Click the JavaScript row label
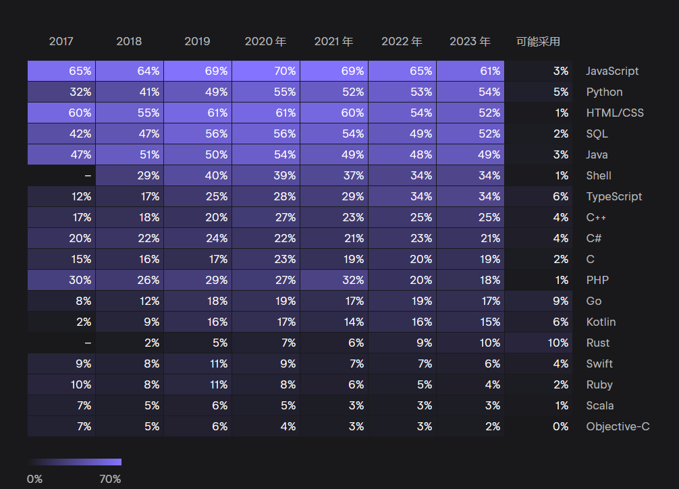click(612, 71)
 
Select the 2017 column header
click(61, 42)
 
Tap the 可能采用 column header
click(538, 42)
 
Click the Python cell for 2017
click(61, 92)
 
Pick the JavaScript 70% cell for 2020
click(266, 71)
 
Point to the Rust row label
click(598, 343)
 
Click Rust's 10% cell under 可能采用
click(538, 343)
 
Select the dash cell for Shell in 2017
click(61, 175)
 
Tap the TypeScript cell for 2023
click(470, 196)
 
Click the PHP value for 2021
click(334, 280)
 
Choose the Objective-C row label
click(618, 426)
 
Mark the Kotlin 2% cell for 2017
click(61, 322)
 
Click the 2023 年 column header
click(470, 42)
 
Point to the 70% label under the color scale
click(110, 479)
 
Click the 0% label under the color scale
click(34, 479)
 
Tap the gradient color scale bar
click(74, 462)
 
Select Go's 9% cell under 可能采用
click(538, 301)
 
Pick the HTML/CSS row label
click(614, 113)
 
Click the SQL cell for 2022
click(402, 134)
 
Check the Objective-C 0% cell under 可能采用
click(538, 426)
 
